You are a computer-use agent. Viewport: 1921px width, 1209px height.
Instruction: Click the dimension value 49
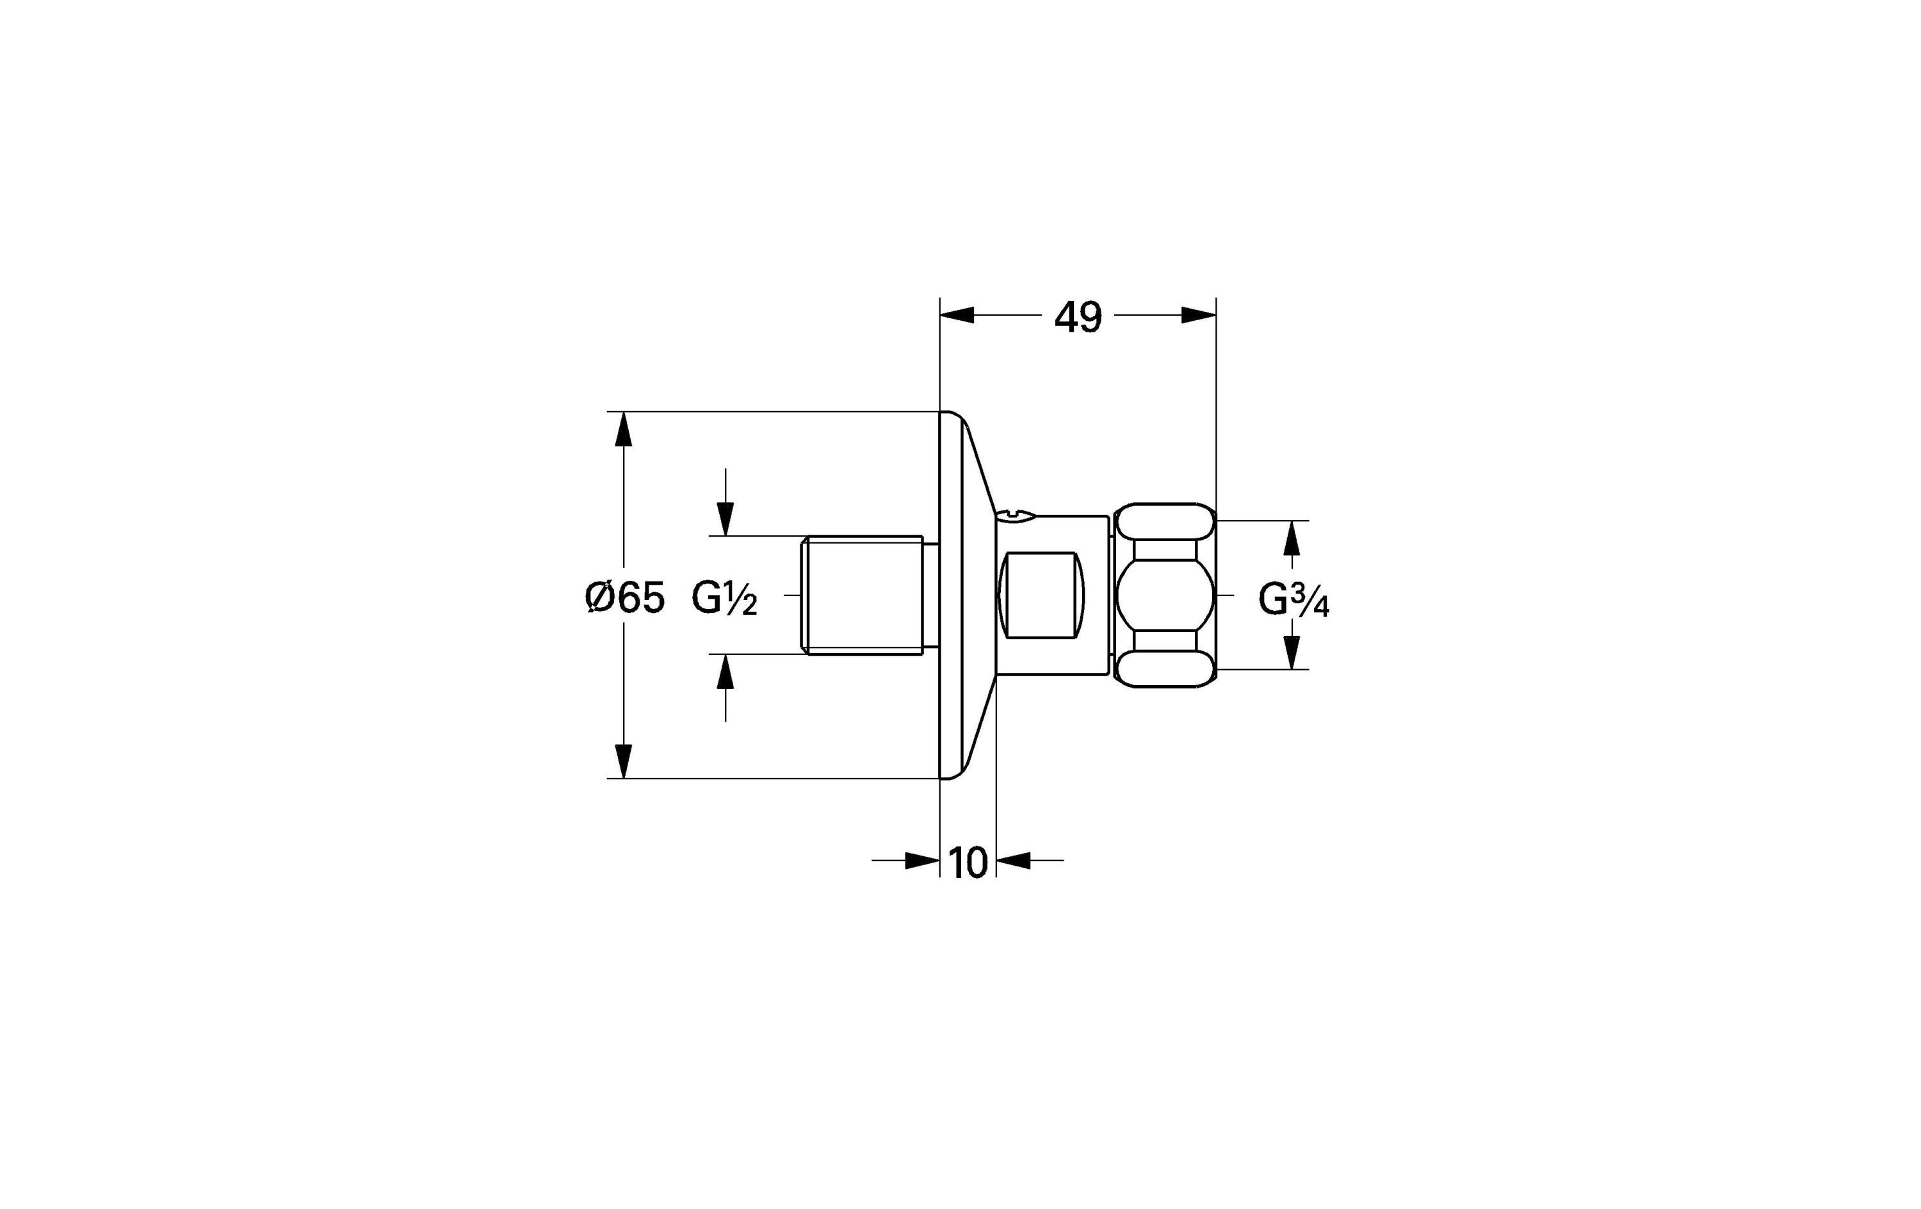pyautogui.click(x=1078, y=317)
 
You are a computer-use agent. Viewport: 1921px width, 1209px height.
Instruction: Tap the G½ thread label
pyautogui.click(x=724, y=599)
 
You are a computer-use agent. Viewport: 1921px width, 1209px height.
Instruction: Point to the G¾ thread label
pyautogui.click(x=1294, y=599)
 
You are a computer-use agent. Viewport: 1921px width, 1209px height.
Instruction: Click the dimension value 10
pyautogui.click(x=968, y=862)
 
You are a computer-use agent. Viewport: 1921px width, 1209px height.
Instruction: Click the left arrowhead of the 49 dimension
pyautogui.click(x=957, y=315)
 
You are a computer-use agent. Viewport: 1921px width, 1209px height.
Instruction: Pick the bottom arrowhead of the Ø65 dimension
pyautogui.click(x=624, y=761)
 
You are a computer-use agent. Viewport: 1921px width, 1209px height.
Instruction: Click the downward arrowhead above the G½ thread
pyautogui.click(x=725, y=519)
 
